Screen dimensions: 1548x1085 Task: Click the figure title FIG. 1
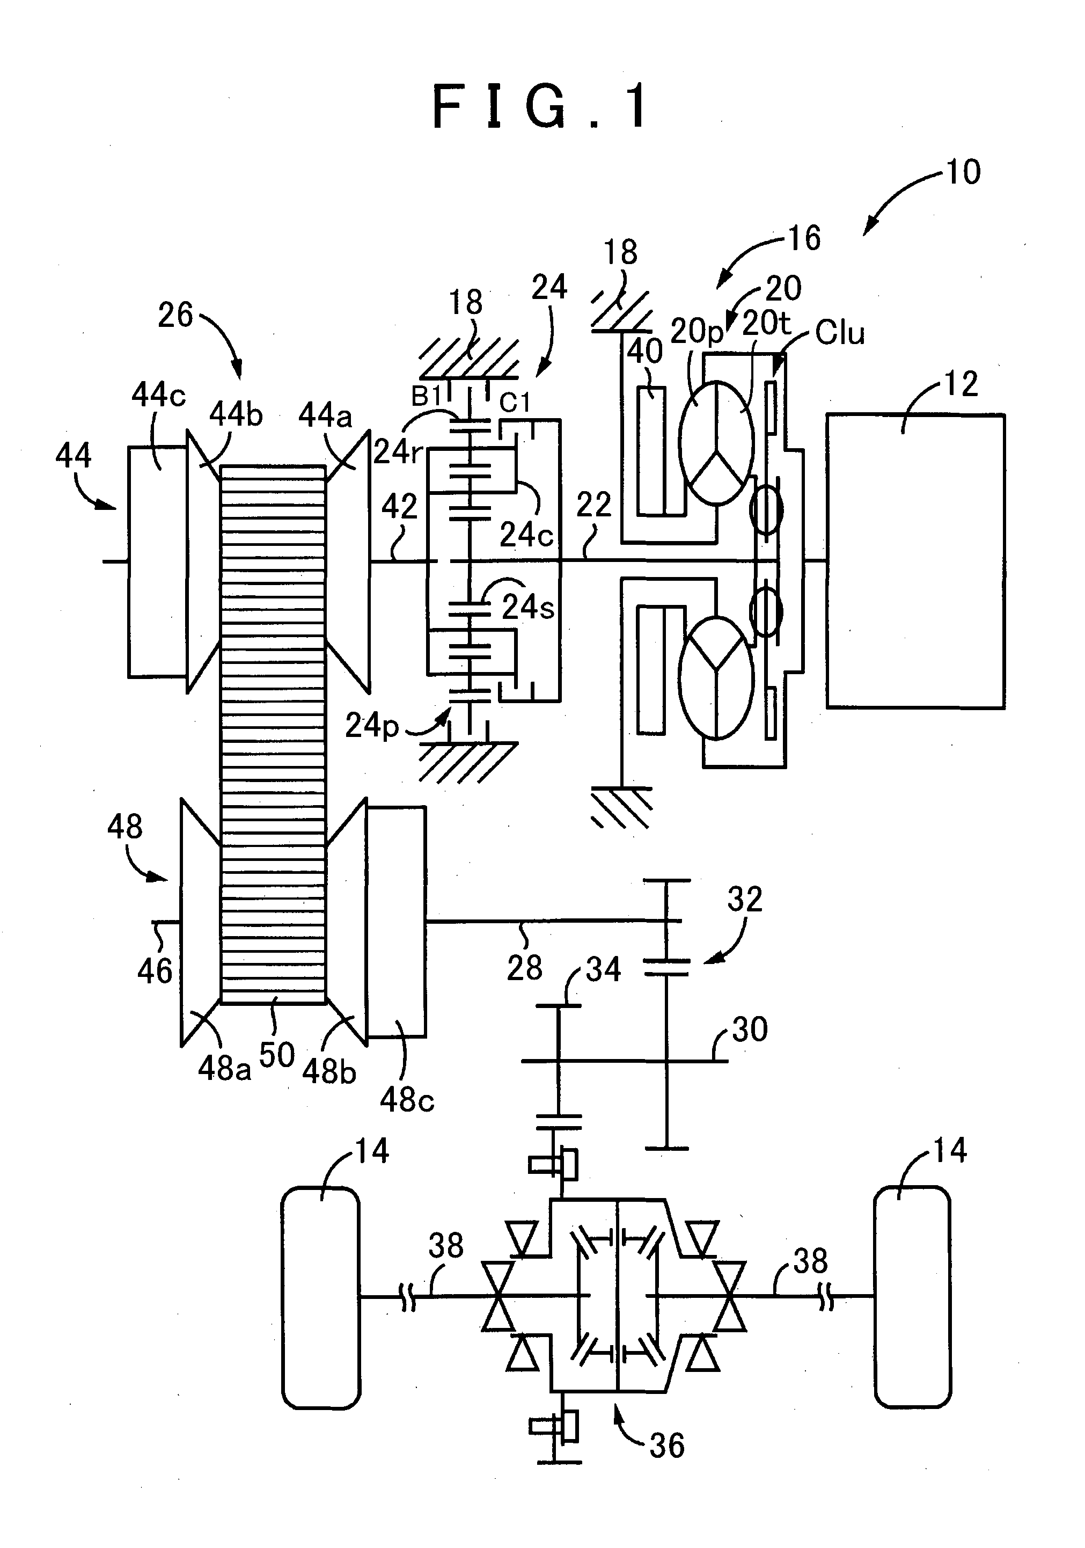click(x=540, y=106)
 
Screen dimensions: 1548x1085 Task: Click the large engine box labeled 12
click(x=914, y=561)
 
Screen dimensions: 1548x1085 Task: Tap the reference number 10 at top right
click(x=963, y=173)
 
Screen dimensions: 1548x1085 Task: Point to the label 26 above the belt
click(x=175, y=315)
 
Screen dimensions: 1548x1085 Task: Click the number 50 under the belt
click(x=276, y=1055)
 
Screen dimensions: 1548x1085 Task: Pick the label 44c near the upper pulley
click(x=158, y=395)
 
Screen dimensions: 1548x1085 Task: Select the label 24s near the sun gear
click(x=527, y=608)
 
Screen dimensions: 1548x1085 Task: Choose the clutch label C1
click(x=515, y=403)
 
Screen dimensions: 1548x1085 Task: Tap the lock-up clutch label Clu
click(x=839, y=332)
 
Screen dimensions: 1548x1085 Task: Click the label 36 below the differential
click(x=666, y=1445)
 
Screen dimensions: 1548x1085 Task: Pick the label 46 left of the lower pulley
click(x=155, y=971)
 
